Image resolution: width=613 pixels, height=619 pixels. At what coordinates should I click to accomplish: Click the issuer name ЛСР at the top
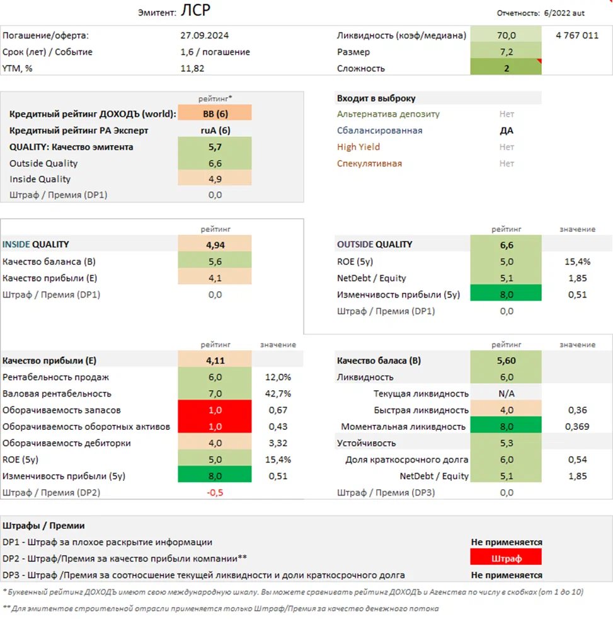pyautogui.click(x=197, y=11)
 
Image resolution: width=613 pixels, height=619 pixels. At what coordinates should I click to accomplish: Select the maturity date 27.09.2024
pyautogui.click(x=204, y=35)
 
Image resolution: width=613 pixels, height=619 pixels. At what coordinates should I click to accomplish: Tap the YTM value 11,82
pyautogui.click(x=192, y=68)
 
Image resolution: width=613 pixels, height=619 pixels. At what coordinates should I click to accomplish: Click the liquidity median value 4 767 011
pyautogui.click(x=577, y=35)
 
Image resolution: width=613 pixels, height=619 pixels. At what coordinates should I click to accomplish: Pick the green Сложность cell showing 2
pyautogui.click(x=506, y=68)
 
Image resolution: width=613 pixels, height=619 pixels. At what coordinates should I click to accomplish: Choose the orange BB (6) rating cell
pyautogui.click(x=215, y=114)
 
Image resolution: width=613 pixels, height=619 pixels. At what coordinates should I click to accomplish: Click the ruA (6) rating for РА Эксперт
pyautogui.click(x=215, y=130)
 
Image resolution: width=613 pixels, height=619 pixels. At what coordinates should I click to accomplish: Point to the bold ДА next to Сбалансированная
pyautogui.click(x=506, y=130)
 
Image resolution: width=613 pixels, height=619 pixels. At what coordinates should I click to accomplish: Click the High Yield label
pyautogui.click(x=358, y=147)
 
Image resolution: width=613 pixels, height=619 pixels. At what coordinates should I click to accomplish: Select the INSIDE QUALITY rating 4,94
pyautogui.click(x=215, y=244)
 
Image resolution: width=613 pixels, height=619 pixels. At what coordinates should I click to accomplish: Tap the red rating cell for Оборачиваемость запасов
pyautogui.click(x=215, y=410)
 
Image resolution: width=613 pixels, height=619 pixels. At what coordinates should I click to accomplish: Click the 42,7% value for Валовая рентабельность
pyautogui.click(x=278, y=393)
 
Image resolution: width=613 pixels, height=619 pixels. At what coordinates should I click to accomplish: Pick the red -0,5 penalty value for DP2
pyautogui.click(x=215, y=492)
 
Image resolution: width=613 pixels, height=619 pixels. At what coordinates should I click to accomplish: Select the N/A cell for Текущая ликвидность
pyautogui.click(x=506, y=393)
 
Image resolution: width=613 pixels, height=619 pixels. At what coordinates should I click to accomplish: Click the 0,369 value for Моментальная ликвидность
pyautogui.click(x=577, y=426)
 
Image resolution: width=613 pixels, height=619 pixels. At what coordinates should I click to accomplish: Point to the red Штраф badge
pyautogui.click(x=505, y=557)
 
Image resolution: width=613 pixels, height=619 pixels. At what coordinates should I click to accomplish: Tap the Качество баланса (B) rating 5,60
pyautogui.click(x=506, y=361)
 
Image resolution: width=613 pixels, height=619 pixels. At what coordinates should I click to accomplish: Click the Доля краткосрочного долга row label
pyautogui.click(x=406, y=459)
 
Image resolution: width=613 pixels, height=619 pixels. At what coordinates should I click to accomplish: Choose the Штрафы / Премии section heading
pyautogui.click(x=43, y=525)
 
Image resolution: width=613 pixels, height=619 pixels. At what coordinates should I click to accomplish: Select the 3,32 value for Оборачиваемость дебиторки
pyautogui.click(x=278, y=443)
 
